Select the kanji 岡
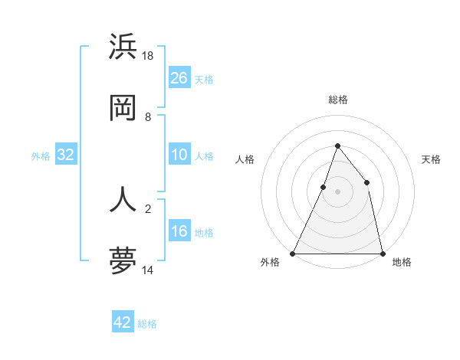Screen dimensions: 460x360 (x=123, y=110)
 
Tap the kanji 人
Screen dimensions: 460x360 (x=123, y=198)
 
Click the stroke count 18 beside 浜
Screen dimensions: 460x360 (x=149, y=55)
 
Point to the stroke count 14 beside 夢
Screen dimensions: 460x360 (x=149, y=270)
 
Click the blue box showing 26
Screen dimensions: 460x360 (x=179, y=78)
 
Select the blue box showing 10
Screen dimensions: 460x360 (x=179, y=155)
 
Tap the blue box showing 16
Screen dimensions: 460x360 (x=179, y=231)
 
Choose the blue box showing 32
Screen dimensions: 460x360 (x=66, y=155)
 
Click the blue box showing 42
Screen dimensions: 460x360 (x=123, y=322)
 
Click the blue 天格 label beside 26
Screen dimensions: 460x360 (x=204, y=79)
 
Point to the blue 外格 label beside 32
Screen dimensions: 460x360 (x=41, y=155)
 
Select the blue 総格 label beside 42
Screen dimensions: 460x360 (x=147, y=324)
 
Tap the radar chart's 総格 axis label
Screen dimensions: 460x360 (x=337, y=100)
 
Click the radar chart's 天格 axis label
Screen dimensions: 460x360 (x=431, y=159)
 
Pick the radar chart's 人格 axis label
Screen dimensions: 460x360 (x=245, y=159)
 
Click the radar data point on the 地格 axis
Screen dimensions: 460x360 (x=382, y=253)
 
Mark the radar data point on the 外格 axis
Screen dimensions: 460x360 (x=293, y=253)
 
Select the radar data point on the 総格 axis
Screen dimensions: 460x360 (x=337, y=146)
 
